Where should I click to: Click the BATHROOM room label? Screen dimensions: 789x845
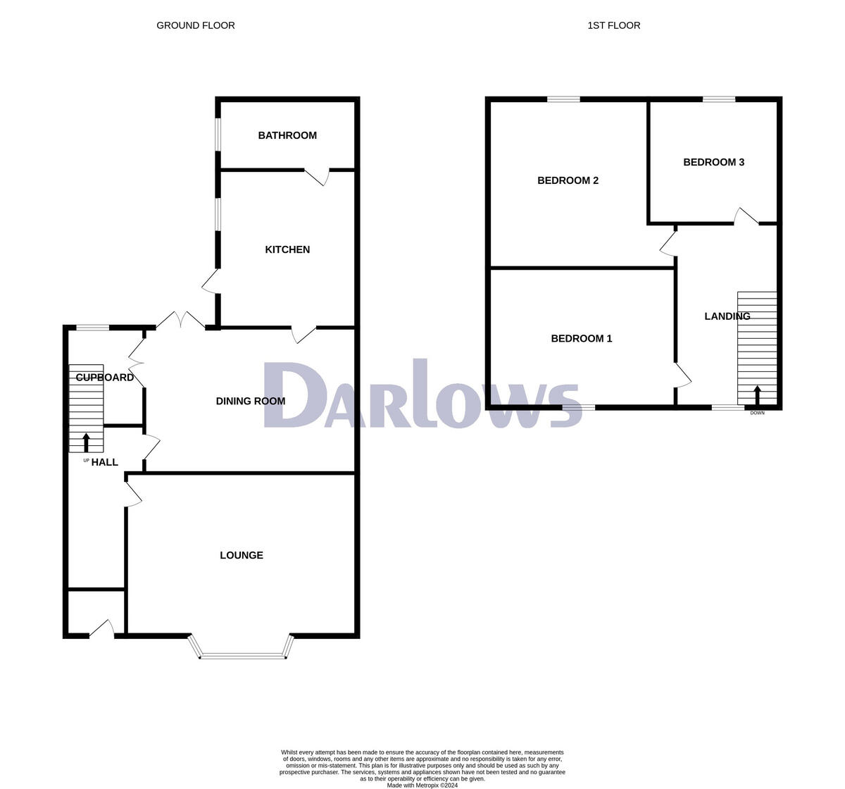tap(287, 135)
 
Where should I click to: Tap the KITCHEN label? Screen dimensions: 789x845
tap(287, 249)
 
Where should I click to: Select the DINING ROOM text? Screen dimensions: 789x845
tap(251, 401)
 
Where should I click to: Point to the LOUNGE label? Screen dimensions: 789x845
tap(242, 555)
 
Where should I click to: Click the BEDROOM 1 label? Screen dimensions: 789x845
tap(581, 338)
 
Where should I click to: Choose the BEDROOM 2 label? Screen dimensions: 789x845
tap(568, 180)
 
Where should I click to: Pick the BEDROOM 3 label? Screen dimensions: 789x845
tap(713, 162)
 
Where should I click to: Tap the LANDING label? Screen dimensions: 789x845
tap(727, 316)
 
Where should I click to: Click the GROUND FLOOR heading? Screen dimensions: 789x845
tap(196, 25)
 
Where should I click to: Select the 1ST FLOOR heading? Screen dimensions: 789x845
tap(614, 25)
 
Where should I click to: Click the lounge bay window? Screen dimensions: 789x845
tap(243, 655)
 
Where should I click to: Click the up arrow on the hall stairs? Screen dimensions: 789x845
tap(87, 442)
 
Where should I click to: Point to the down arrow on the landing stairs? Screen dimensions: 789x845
tap(758, 394)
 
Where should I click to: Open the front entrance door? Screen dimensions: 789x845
tap(103, 629)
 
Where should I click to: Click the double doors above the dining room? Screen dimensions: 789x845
tap(180, 321)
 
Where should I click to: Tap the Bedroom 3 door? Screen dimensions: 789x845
tap(746, 216)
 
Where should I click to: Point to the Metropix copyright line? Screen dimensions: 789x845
tap(422, 785)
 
